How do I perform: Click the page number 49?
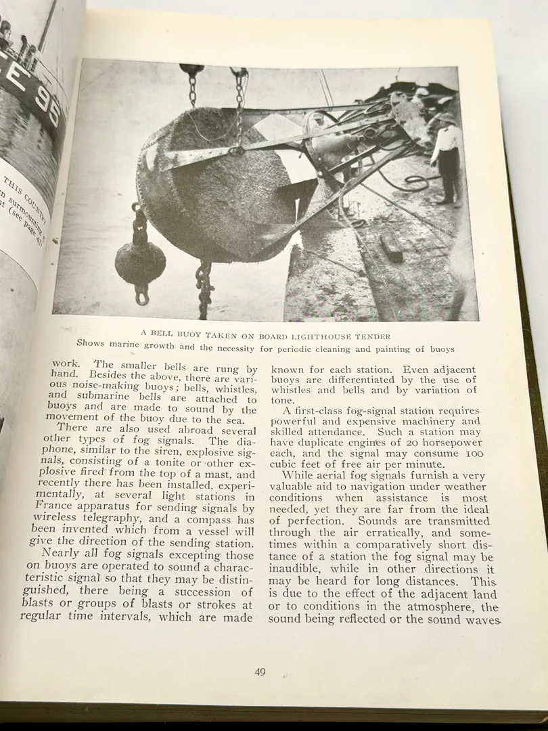click(x=260, y=672)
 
